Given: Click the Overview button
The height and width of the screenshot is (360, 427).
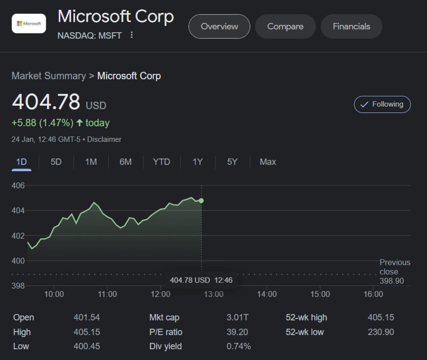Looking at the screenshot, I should click(x=219, y=26).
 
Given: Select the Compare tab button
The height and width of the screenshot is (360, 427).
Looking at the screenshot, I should click(x=285, y=26).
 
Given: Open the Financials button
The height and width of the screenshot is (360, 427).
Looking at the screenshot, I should click(x=351, y=26).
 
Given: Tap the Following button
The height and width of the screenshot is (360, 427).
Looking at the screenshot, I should click(x=382, y=104).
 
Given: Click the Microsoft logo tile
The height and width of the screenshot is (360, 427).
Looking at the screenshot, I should click(x=29, y=24).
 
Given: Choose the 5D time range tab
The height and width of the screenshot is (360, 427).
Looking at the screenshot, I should click(x=56, y=162).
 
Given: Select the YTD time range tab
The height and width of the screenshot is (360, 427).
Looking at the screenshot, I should click(x=161, y=162).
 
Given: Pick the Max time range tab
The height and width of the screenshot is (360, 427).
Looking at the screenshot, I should click(x=267, y=162).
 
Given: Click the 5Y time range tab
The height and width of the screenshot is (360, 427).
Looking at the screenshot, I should click(x=232, y=162).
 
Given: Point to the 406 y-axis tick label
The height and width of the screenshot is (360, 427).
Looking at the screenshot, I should click(x=18, y=186).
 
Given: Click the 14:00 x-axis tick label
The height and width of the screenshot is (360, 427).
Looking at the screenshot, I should click(x=267, y=294).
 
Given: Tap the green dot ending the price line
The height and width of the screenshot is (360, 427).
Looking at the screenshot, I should click(x=201, y=201).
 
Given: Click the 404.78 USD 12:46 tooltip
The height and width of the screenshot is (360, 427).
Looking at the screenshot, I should click(x=201, y=280).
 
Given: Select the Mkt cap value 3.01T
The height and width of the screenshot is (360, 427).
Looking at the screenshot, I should click(x=238, y=318).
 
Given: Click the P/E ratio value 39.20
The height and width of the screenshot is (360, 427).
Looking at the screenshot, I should click(x=238, y=332).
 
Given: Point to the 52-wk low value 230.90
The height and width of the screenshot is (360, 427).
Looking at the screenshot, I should click(x=380, y=332).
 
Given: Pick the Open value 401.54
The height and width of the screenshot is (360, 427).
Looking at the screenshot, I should click(x=86, y=318).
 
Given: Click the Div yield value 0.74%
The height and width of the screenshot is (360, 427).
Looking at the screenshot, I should click(x=239, y=346).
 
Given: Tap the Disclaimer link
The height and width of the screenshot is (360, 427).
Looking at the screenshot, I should click(x=104, y=139).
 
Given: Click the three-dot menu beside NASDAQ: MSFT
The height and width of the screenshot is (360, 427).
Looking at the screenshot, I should click(x=132, y=35).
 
